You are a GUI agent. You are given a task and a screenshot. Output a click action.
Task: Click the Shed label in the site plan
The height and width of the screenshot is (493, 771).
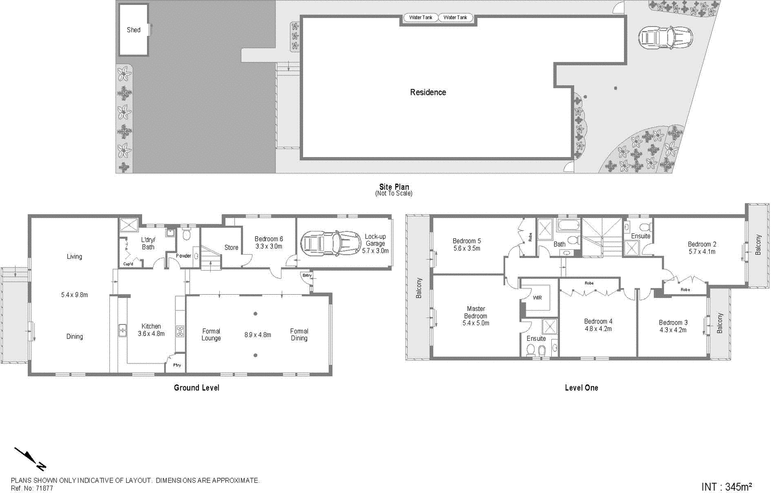pyautogui.click(x=133, y=30)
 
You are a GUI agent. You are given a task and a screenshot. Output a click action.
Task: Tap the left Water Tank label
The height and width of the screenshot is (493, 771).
pyautogui.click(x=421, y=18)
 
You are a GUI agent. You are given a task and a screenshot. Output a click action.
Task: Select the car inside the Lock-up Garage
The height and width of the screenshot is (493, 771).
pyautogui.click(x=331, y=244)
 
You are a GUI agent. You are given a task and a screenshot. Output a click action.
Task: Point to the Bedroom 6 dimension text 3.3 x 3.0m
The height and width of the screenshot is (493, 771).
pyautogui.click(x=268, y=246)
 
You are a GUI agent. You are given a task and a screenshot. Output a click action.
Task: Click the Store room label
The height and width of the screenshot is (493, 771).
pyautogui.click(x=231, y=247)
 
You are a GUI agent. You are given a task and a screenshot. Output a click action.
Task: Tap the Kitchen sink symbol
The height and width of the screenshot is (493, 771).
pyautogui.click(x=122, y=331)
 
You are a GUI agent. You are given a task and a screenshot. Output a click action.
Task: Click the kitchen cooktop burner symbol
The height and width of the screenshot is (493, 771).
pyautogui.click(x=181, y=331)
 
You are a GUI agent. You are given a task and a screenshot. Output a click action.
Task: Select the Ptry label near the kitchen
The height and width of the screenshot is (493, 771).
pyautogui.click(x=177, y=365)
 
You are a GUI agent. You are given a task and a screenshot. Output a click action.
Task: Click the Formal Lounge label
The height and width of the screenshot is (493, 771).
pyautogui.click(x=211, y=335)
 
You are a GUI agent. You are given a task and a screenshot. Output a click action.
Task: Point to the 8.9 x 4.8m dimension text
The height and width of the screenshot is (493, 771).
pyautogui.click(x=258, y=335)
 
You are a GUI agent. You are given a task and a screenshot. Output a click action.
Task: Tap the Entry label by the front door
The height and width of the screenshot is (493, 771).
pyautogui.click(x=307, y=275)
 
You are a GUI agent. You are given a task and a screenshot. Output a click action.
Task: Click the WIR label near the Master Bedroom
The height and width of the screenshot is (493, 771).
pyautogui.click(x=537, y=298)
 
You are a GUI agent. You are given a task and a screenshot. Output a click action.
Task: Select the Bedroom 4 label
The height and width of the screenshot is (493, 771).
pyautogui.click(x=598, y=322)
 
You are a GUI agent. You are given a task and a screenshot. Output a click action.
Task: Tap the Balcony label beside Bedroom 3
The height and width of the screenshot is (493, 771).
pyautogui.click(x=720, y=323)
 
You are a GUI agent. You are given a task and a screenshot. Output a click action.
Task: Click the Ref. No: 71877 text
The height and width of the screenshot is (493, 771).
pyautogui.click(x=32, y=488)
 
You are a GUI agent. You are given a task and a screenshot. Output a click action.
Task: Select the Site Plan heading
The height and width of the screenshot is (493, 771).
pyautogui.click(x=394, y=187)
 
